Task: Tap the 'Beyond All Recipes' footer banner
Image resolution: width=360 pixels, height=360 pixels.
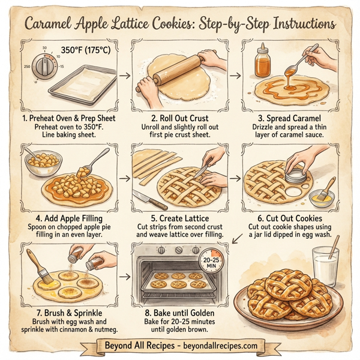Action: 180,346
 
